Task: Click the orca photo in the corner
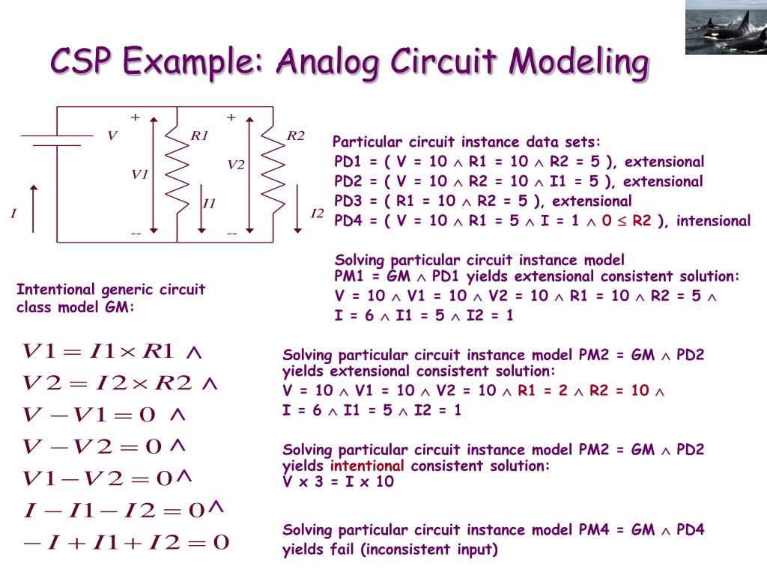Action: tap(726, 27)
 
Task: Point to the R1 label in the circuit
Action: tap(199, 136)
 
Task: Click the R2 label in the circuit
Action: tap(296, 136)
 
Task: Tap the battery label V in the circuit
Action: tap(112, 136)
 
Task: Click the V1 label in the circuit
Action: tap(139, 174)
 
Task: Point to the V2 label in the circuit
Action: tap(236, 165)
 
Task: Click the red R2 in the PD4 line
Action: tap(642, 220)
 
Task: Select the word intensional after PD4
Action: tap(713, 220)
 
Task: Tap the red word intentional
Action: tap(368, 466)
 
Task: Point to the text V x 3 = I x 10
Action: tap(338, 481)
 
